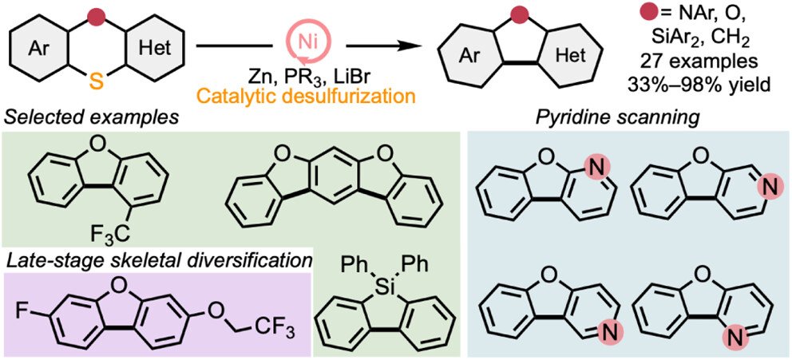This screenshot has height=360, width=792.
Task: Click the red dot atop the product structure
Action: tap(520, 14)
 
